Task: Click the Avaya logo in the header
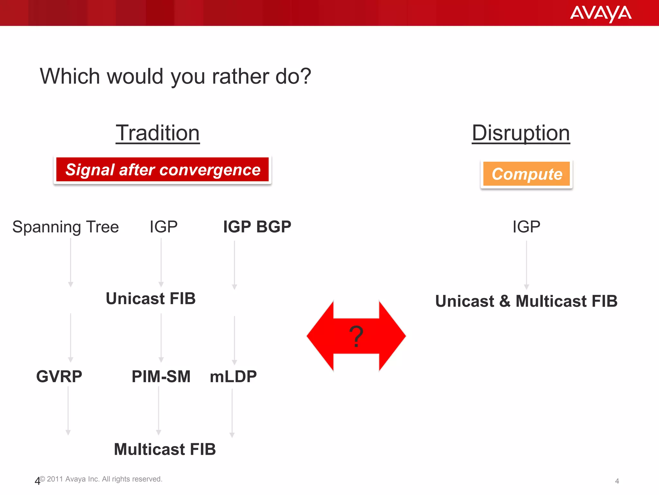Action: (x=600, y=14)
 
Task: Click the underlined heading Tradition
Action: (x=158, y=133)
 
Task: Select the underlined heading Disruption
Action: (x=521, y=133)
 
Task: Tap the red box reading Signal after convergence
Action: (x=162, y=170)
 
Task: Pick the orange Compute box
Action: (x=526, y=174)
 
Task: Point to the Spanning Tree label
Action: (x=66, y=227)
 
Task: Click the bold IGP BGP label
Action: (x=257, y=227)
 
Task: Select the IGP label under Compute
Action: (x=526, y=227)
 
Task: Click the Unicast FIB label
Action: (x=151, y=298)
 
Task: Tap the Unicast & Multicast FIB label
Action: (x=526, y=301)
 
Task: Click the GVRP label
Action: (x=59, y=376)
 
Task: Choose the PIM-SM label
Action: (x=161, y=376)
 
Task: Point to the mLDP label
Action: (x=233, y=376)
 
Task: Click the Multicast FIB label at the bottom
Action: (x=165, y=449)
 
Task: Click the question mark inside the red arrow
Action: (x=356, y=336)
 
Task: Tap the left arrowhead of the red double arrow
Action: (x=320, y=336)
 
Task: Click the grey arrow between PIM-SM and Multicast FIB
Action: (x=159, y=411)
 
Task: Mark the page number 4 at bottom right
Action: (x=617, y=481)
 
